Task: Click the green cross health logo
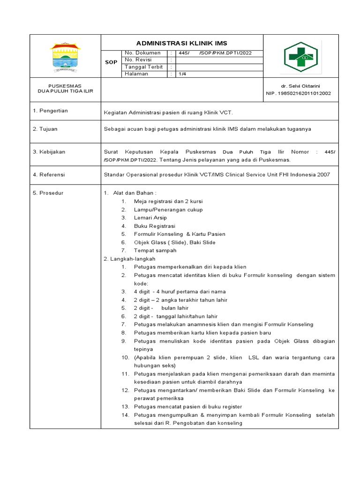(299, 58)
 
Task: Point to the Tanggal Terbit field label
(144, 67)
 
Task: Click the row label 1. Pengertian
(50, 111)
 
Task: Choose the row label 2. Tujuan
(45, 128)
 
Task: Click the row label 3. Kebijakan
(49, 152)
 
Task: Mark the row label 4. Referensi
(49, 174)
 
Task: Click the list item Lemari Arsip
(150, 217)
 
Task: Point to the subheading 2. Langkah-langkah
(129, 259)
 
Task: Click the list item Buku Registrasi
(154, 226)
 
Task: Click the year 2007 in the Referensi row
(323, 174)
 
